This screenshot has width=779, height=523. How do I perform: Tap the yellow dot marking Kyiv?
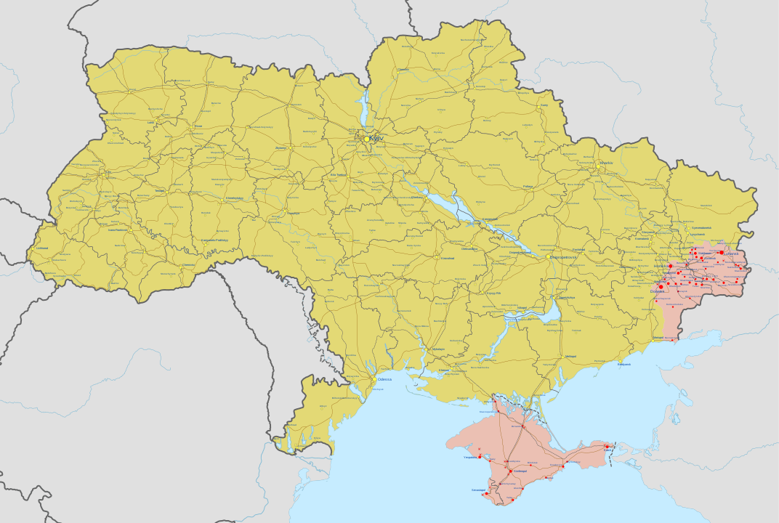pos(368,138)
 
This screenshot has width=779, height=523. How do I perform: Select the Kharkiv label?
pos(606,163)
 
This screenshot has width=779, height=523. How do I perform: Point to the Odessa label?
pos(384,379)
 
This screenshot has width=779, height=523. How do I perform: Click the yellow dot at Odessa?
pos(374,379)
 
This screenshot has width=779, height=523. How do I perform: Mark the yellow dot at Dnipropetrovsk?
pos(548,256)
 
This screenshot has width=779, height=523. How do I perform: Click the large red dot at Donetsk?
pos(661,287)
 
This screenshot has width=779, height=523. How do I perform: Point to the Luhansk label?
pos(731,254)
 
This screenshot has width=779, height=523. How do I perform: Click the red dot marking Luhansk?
pos(721,253)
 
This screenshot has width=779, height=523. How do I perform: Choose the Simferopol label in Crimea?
pos(520,471)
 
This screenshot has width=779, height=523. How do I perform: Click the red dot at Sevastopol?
pos(485,494)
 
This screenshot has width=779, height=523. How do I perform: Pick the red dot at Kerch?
pos(608,445)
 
